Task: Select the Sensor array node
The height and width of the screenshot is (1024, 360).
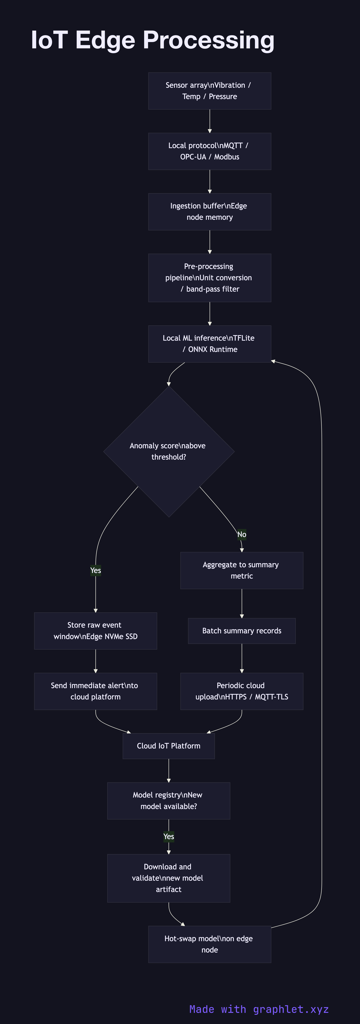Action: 209,91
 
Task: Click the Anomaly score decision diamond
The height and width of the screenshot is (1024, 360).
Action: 169,452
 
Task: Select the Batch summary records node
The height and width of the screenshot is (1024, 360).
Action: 242,631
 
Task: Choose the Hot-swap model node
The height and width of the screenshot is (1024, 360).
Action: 209,944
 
